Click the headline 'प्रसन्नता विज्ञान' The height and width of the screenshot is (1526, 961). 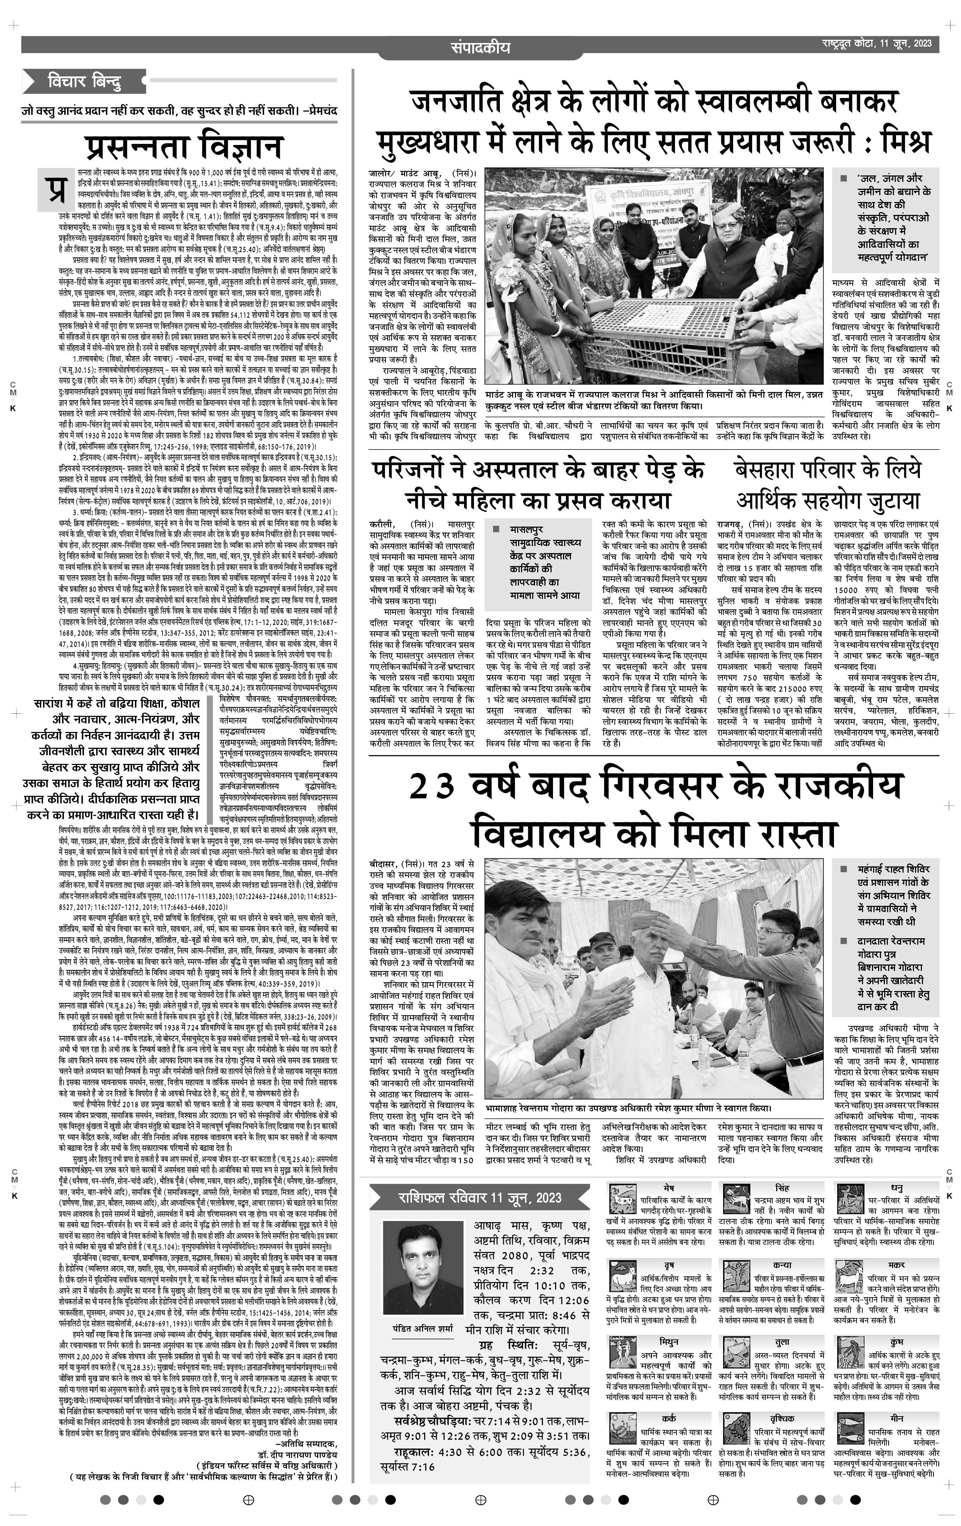click(x=184, y=146)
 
